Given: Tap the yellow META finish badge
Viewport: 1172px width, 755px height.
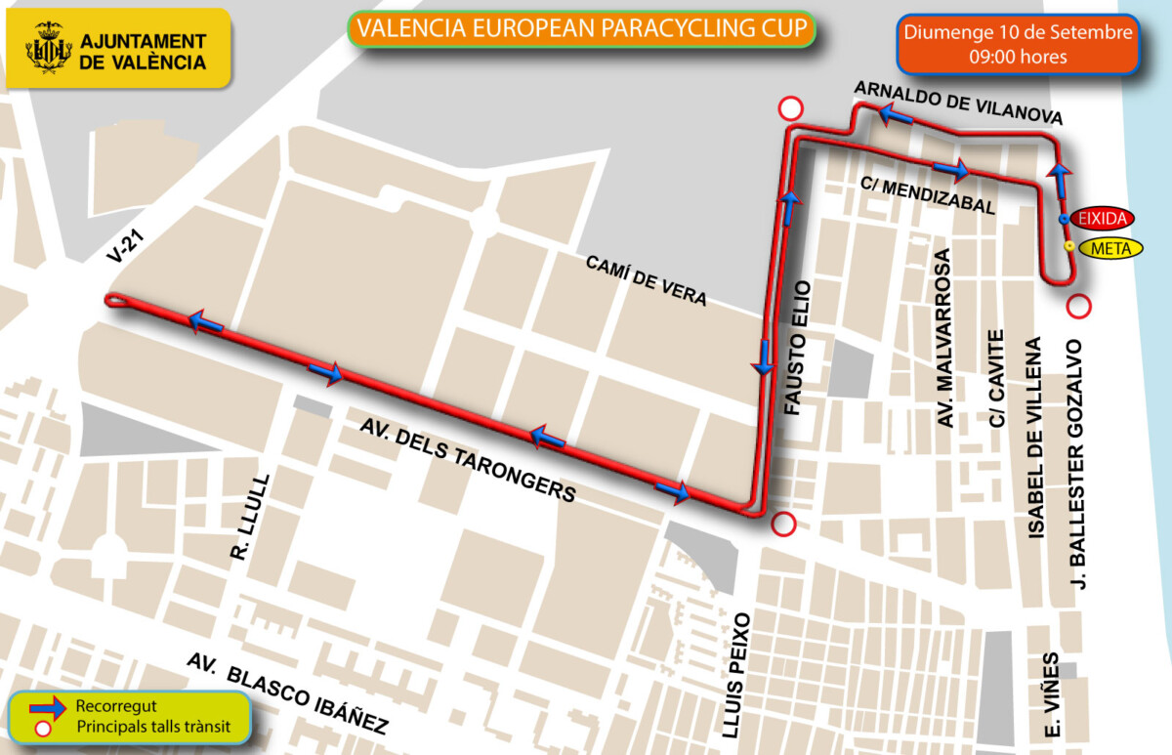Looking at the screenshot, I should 1109,248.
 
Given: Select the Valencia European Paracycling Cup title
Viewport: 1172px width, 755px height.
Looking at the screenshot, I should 582,29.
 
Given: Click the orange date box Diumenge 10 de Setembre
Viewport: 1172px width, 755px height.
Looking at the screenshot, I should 1018,44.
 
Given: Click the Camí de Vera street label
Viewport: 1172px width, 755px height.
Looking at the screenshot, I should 646,280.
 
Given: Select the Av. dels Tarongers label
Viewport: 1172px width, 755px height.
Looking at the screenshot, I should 467,460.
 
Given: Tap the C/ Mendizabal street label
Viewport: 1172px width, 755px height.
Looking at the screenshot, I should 928,194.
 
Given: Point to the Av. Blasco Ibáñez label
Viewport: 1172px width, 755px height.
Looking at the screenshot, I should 287,694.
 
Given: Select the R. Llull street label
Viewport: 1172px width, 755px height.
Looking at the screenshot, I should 240,524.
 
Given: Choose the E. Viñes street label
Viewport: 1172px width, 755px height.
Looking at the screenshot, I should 1052,694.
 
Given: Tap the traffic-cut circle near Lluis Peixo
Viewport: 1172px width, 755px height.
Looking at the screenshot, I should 783,524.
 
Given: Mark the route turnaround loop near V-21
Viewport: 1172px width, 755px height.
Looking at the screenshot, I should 115,301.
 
